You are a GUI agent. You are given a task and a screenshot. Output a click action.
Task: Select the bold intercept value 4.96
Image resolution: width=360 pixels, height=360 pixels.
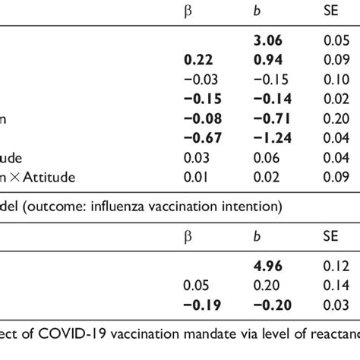click(x=267, y=267)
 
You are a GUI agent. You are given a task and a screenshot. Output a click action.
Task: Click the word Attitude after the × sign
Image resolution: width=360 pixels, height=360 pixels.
click(x=62, y=178)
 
